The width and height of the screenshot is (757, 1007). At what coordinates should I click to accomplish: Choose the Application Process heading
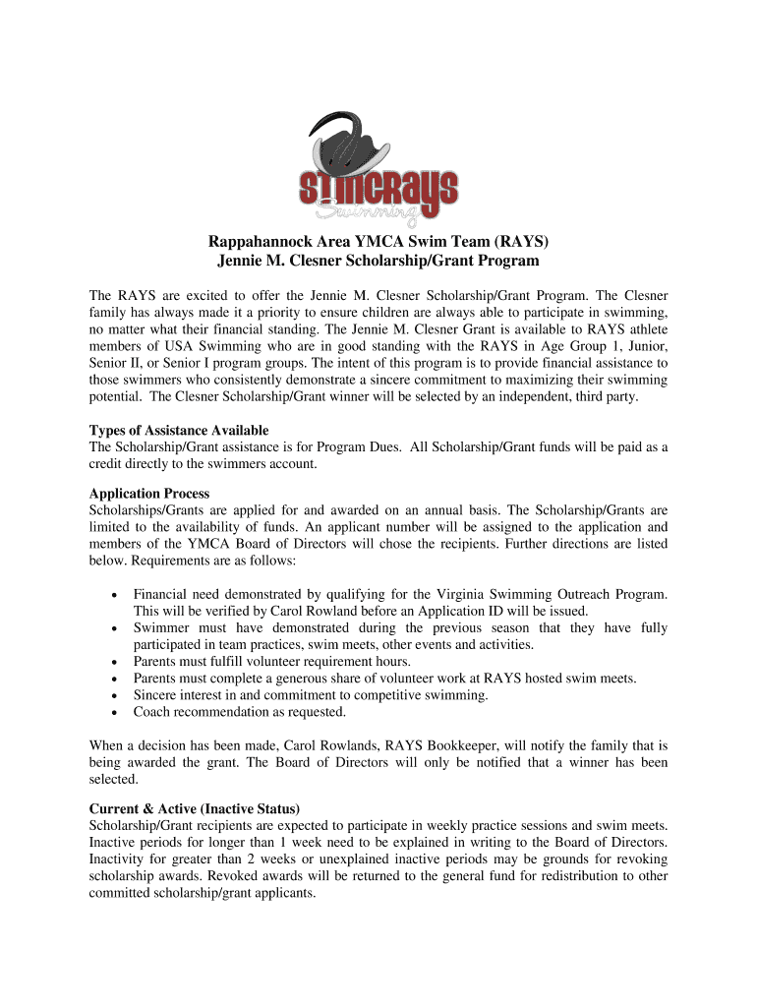click(149, 494)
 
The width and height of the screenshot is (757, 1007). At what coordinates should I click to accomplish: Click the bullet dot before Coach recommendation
click(117, 712)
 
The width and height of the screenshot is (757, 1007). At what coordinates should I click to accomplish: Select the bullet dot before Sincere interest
click(117, 695)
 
